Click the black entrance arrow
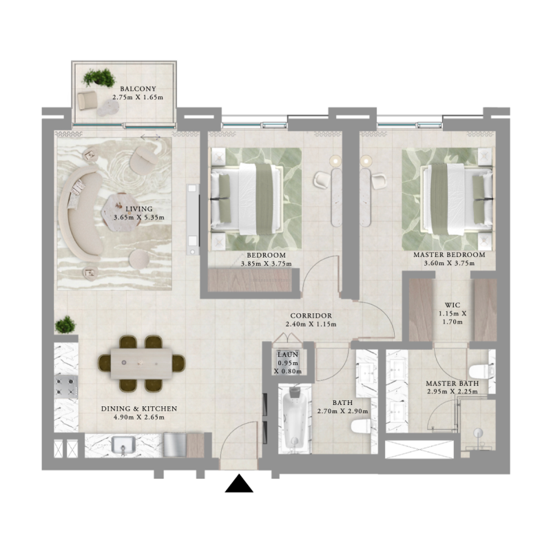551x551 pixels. click(x=239, y=484)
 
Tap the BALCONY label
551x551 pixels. click(x=137, y=89)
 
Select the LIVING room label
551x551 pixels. click(x=138, y=208)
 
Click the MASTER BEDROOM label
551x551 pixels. click(x=449, y=255)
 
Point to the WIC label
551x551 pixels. click(x=452, y=304)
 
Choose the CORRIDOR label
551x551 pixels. click(x=311, y=315)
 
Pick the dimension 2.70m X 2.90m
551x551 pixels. click(x=342, y=412)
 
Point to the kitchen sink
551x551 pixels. click(x=123, y=448)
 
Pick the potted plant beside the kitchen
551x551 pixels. click(x=66, y=324)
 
